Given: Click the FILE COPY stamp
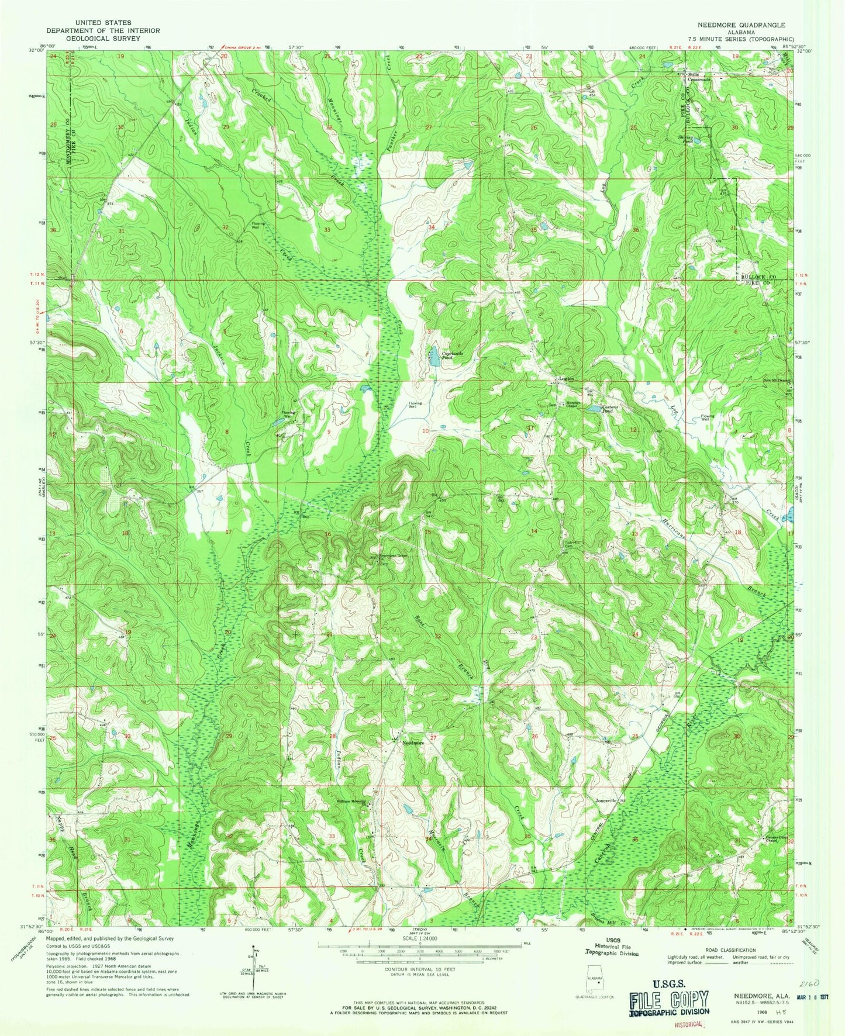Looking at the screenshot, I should pyautogui.click(x=670, y=999).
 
